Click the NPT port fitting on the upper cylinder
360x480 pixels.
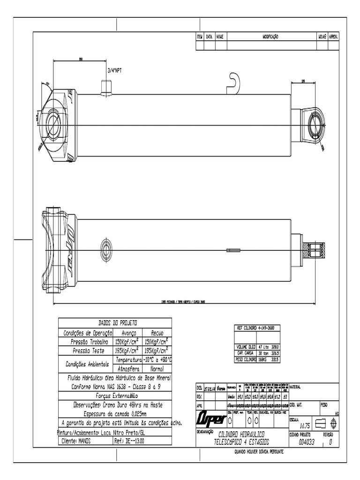tap(106, 88)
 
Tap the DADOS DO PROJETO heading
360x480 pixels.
tap(114, 323)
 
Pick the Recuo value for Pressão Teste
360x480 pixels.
tap(157, 351)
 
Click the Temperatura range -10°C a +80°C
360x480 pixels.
tap(157, 360)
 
